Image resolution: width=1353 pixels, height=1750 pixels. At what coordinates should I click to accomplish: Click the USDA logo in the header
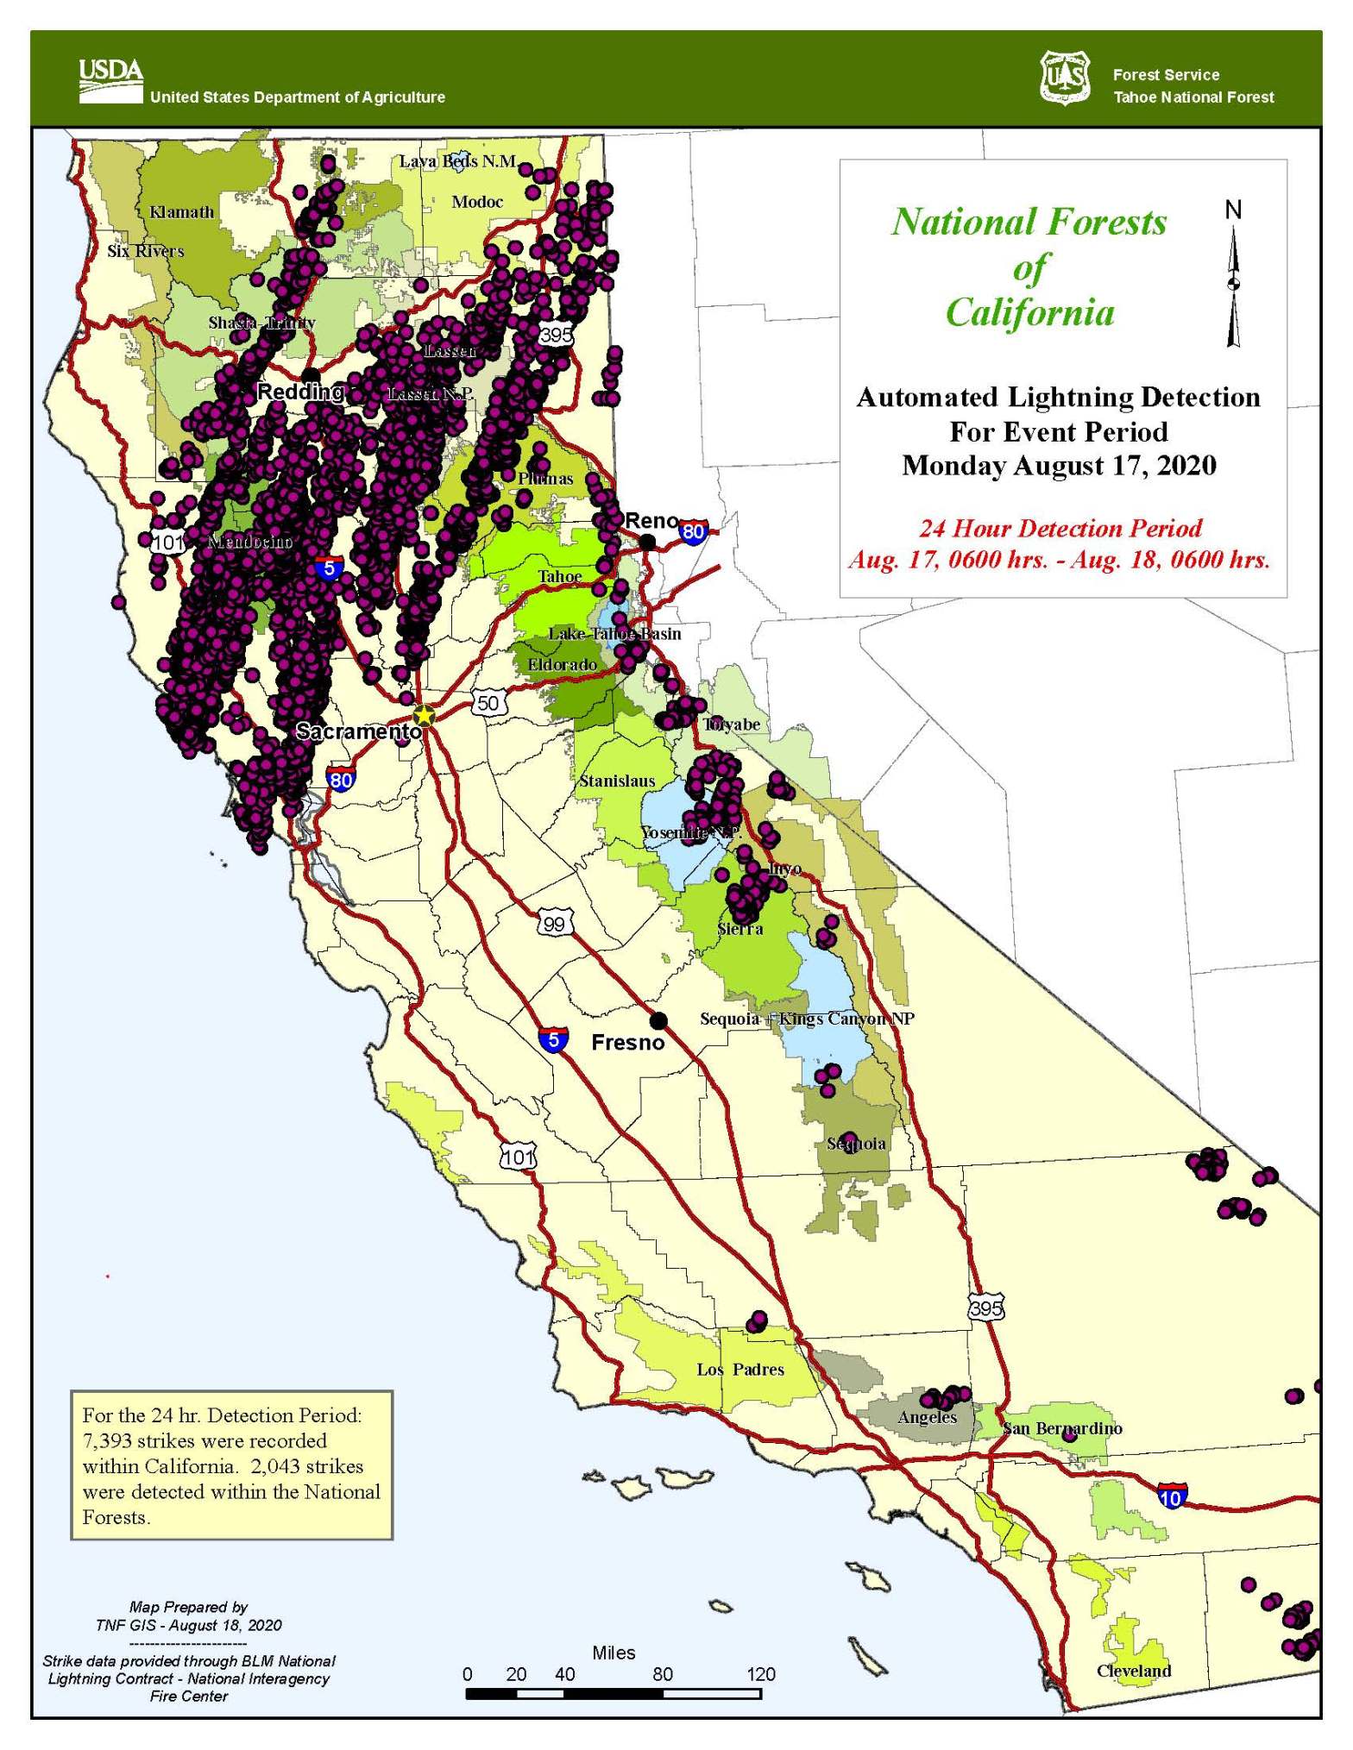coord(110,80)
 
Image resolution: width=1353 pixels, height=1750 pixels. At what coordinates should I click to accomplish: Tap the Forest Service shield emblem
coord(1064,78)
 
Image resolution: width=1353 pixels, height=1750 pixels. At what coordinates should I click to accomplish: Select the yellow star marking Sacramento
coord(424,715)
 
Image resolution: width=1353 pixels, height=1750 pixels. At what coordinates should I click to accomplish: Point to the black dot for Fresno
coord(658,1021)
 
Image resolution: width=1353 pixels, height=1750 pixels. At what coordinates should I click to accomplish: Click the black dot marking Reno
coord(647,542)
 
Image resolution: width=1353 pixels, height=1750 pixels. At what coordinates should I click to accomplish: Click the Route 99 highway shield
coord(553,924)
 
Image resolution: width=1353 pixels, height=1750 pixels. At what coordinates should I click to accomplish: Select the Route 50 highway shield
coord(488,702)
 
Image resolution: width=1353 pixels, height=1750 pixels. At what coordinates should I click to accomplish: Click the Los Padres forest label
coord(740,1369)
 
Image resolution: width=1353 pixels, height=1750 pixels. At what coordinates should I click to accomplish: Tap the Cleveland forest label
coord(1134,1670)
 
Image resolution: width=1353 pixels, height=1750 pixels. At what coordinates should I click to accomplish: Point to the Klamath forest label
coord(181,212)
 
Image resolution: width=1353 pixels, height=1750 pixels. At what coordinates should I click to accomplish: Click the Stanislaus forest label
coord(617,781)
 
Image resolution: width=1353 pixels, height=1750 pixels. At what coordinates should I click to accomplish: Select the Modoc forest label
coord(477,202)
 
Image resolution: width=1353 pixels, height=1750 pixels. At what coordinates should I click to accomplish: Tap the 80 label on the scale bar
coord(662,1674)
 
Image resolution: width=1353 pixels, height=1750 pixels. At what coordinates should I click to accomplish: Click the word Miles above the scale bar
coord(614,1653)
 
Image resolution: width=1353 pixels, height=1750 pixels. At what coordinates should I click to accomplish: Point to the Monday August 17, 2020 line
coord(1059,466)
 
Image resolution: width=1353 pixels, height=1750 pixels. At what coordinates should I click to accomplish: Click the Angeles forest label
coord(928,1417)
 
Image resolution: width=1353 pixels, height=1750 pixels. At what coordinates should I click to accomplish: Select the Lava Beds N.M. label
coord(457,161)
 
